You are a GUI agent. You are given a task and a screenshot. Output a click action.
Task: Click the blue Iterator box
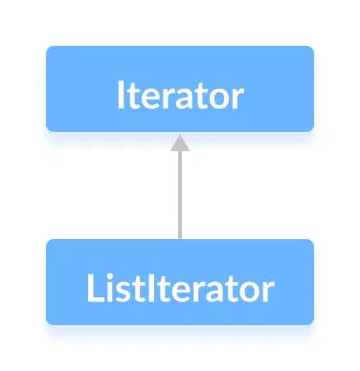click(x=179, y=88)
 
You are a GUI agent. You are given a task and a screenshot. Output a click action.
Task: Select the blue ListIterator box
click(x=179, y=282)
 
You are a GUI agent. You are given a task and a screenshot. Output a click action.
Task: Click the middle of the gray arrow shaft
click(x=179, y=191)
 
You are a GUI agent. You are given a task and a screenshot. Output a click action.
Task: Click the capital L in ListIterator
click(x=90, y=286)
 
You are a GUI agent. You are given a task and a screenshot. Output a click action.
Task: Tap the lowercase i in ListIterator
click(x=106, y=286)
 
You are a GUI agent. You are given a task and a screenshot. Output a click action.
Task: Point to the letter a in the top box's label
click(x=185, y=98)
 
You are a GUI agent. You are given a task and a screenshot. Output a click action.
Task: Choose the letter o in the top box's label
click(x=216, y=98)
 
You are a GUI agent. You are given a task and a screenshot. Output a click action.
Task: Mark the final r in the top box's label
click(x=236, y=98)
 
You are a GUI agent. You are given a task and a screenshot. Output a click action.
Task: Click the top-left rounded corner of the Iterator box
click(x=49, y=49)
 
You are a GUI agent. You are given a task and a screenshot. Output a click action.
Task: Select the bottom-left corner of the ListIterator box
click(x=49, y=321)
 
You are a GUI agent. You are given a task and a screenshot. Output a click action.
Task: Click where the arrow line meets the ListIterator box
click(x=179, y=240)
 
